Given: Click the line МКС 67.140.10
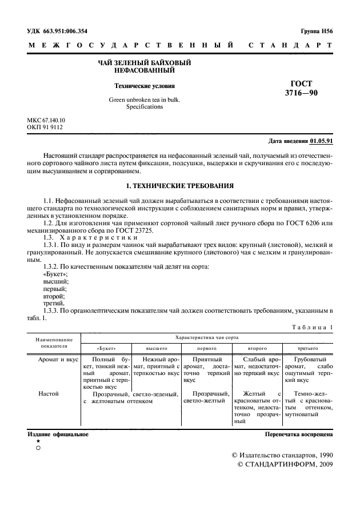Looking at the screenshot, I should [46, 120].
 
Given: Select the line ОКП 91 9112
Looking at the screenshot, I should [45, 127].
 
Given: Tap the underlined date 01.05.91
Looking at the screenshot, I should [322, 141].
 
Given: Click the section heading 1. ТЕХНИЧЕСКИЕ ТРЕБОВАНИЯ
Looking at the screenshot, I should [179, 186].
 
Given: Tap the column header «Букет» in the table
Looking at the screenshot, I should [106, 348].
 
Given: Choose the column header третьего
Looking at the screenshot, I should [307, 348].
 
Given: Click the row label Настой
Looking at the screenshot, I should [48, 393].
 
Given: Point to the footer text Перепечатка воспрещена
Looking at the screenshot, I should [299, 435].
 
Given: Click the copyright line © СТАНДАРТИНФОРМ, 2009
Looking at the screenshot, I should [284, 465].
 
